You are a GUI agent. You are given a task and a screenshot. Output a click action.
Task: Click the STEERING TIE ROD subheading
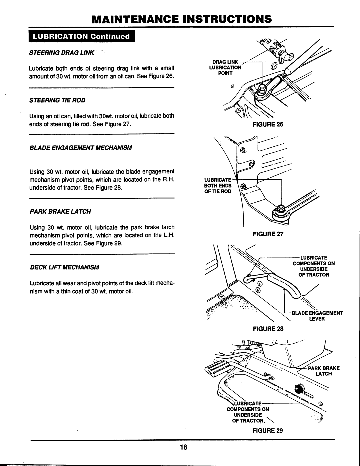click(x=58, y=100)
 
